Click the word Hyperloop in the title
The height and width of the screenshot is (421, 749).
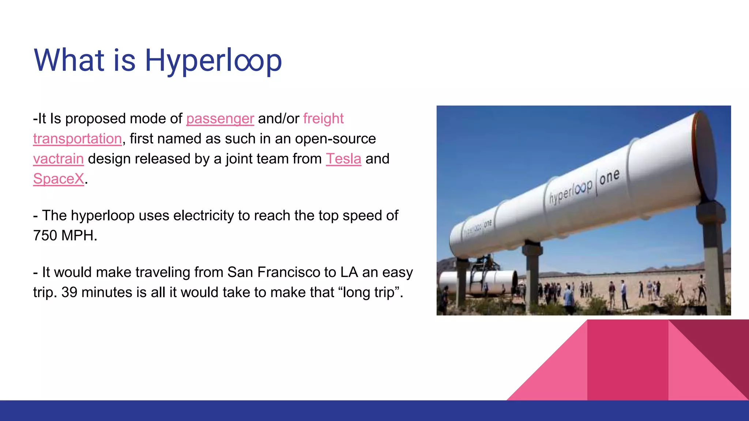click(213, 61)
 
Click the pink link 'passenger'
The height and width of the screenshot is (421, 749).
click(220, 119)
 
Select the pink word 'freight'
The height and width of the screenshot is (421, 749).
click(323, 119)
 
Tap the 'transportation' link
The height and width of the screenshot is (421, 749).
click(77, 139)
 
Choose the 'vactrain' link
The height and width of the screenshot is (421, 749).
click(59, 159)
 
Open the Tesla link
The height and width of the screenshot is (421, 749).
click(343, 159)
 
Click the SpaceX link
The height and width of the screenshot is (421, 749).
click(59, 179)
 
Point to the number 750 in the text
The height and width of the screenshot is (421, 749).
click(45, 236)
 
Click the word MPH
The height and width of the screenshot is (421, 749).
click(79, 236)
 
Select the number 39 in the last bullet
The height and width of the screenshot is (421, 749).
click(69, 292)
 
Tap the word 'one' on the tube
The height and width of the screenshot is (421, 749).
click(610, 177)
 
